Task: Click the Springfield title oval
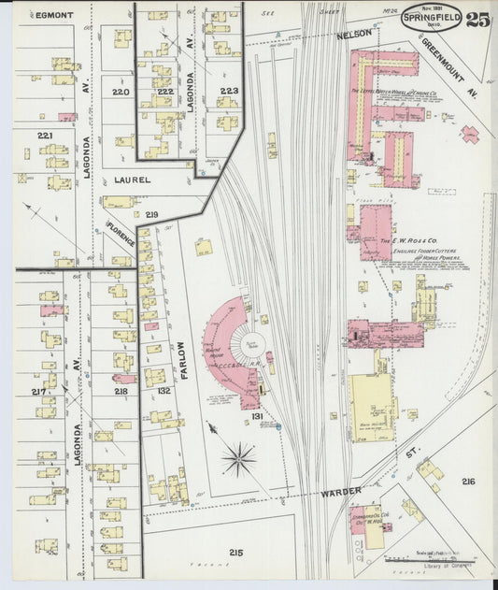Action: point(432,18)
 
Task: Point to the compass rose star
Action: point(239,458)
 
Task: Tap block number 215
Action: point(235,553)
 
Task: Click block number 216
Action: point(467,482)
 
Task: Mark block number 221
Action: point(44,137)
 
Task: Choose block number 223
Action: point(229,91)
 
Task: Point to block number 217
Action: point(38,391)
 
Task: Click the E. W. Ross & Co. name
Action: point(409,240)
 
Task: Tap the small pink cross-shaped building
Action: point(470,133)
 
